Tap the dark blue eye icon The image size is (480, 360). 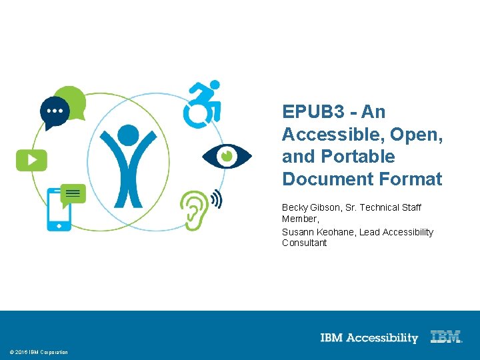227,156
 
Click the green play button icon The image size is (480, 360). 31,160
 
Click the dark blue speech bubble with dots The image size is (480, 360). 54,111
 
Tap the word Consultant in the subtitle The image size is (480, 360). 305,243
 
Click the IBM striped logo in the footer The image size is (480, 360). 446,337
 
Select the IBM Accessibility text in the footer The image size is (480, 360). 369,338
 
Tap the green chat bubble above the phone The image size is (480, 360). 73,193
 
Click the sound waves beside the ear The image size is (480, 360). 216,199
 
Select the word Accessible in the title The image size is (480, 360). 331,134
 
